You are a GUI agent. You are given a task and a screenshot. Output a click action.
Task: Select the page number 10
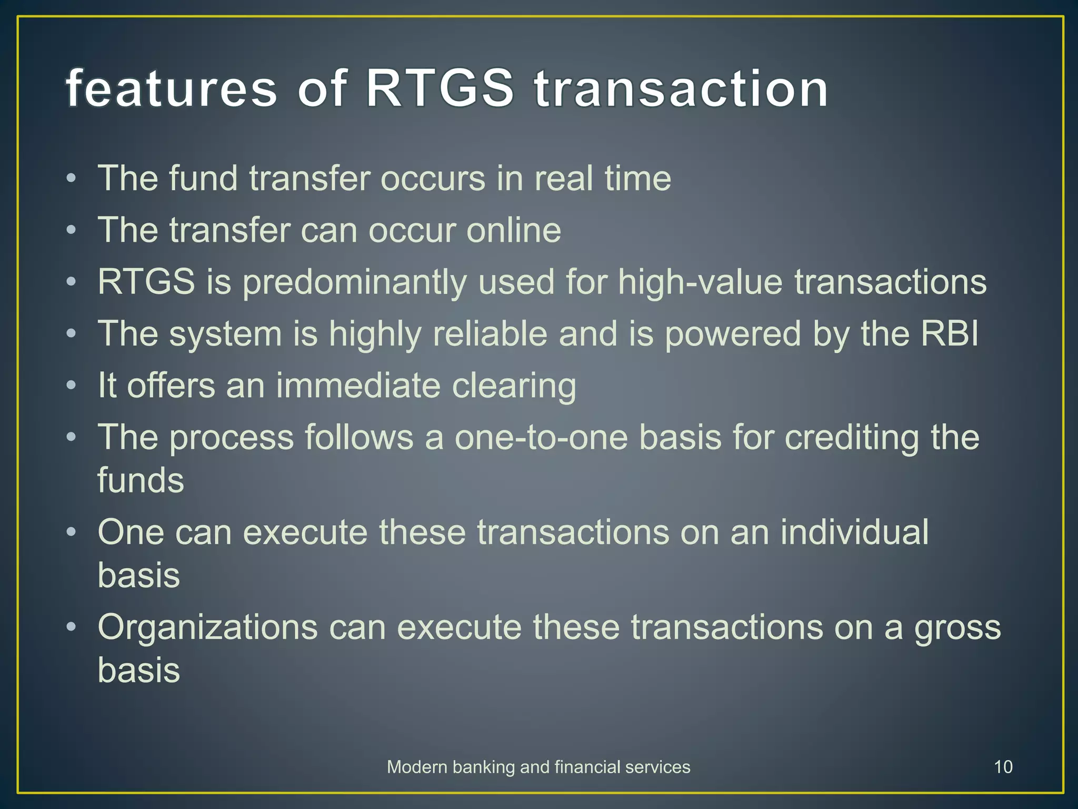[1003, 767]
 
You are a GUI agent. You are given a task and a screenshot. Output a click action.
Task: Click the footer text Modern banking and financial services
[538, 767]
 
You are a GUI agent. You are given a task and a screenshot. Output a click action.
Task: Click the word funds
[141, 480]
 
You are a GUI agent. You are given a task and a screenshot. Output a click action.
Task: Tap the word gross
[957, 628]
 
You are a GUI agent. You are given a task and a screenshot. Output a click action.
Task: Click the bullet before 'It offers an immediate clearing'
[72, 386]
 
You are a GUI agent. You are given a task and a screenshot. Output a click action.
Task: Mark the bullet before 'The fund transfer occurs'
[72, 179]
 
